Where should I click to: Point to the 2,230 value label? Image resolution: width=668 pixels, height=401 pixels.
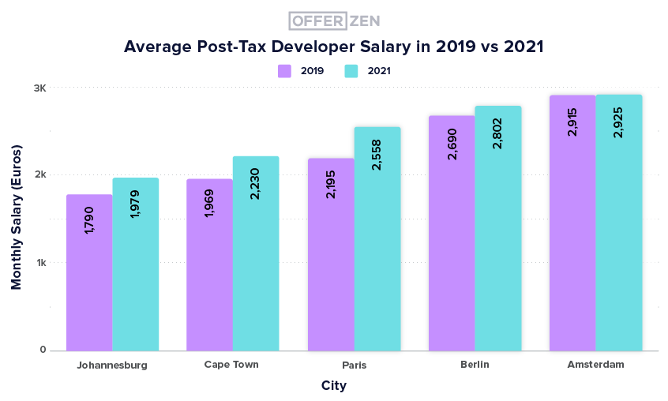(255, 182)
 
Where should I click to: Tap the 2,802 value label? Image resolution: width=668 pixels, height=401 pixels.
(497, 133)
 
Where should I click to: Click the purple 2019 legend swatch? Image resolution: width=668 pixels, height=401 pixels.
(284, 70)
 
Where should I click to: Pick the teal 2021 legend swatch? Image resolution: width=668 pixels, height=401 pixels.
(351, 70)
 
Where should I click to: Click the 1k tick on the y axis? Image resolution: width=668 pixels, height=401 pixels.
(39, 262)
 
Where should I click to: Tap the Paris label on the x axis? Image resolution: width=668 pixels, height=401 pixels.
(355, 365)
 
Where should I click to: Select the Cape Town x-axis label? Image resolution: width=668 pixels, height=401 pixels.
(231, 364)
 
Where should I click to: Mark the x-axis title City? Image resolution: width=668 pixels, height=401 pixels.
(333, 386)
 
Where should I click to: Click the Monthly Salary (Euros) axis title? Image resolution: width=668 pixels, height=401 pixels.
(16, 216)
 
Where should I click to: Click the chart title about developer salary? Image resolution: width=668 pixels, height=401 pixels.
(333, 47)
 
